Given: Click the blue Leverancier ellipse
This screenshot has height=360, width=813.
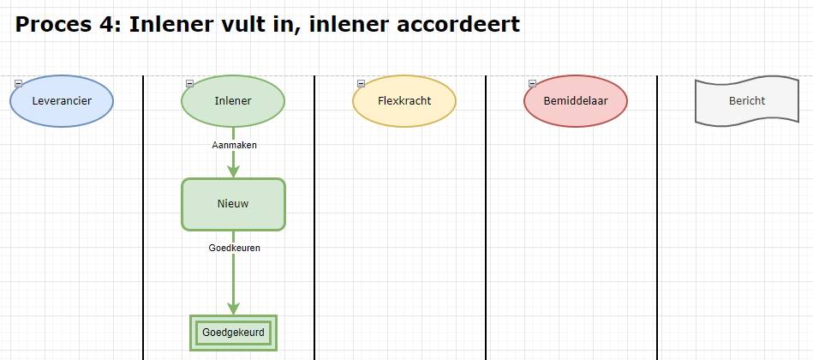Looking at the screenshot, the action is click(x=62, y=101).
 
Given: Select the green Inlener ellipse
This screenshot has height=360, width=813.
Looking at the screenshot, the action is click(x=233, y=101).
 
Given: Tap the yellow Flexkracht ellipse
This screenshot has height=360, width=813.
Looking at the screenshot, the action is click(x=404, y=101).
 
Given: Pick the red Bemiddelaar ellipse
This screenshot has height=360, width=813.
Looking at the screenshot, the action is click(x=576, y=101).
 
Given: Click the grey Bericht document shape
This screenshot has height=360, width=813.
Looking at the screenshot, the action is click(x=747, y=101).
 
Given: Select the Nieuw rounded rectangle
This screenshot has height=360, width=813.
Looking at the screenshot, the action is click(x=233, y=204).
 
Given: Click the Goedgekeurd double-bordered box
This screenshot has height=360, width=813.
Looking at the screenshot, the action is click(x=233, y=333).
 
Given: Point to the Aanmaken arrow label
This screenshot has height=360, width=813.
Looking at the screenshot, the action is click(x=235, y=145).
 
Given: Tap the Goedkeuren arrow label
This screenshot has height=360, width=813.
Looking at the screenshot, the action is click(x=235, y=248).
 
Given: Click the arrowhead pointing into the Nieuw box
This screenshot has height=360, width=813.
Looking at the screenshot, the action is click(x=233, y=171).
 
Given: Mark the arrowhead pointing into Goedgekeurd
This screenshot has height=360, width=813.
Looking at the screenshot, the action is click(x=233, y=308).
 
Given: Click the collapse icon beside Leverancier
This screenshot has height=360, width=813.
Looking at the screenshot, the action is click(x=18, y=83).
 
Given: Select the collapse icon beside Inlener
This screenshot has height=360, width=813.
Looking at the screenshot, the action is click(x=190, y=83).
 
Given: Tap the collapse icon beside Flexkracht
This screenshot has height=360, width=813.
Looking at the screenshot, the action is click(x=361, y=83).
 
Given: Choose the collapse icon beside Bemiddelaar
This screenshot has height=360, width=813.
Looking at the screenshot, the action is click(x=532, y=83).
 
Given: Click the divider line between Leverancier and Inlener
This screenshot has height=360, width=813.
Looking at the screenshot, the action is click(x=142, y=218).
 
